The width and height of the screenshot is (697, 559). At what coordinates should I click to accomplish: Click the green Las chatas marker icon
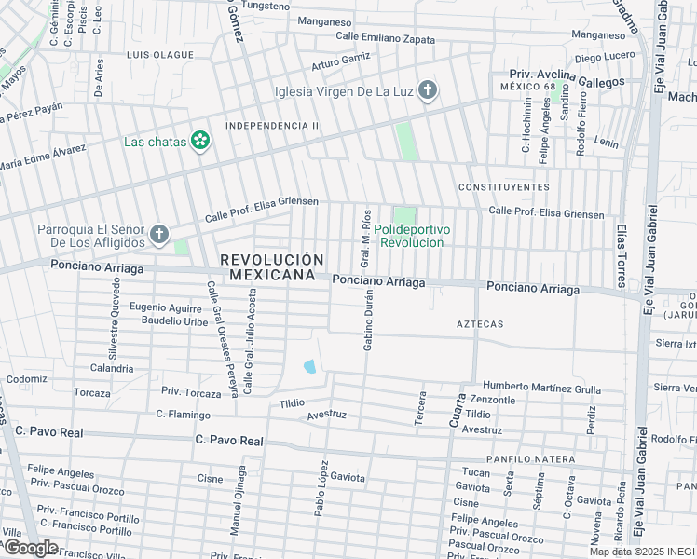[199, 142]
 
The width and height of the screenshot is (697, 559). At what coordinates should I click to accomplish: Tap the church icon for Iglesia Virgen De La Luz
[427, 90]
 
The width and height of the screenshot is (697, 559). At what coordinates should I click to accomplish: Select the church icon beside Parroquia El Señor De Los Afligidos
[159, 235]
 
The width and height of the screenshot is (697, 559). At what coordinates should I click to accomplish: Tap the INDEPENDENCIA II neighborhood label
[272, 126]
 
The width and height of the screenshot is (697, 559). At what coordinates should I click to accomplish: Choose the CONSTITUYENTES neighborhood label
[503, 187]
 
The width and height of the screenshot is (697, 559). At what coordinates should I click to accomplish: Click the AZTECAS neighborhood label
[480, 324]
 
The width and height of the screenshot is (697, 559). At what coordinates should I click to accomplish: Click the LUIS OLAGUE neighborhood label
[160, 55]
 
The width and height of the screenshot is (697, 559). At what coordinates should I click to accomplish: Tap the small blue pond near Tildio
[309, 366]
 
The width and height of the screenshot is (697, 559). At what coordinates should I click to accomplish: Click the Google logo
[30, 548]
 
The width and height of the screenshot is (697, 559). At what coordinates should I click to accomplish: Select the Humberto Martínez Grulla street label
[541, 386]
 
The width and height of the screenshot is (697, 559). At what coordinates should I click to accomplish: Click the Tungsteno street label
[266, 6]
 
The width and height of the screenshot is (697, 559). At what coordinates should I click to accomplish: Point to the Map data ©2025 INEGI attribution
[642, 552]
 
